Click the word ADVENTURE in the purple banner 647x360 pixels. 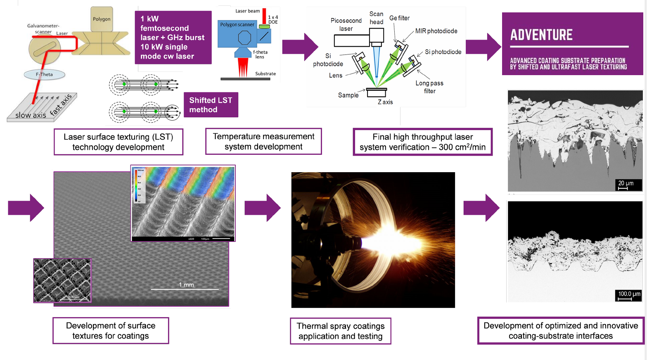coord(541,35)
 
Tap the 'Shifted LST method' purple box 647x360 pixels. coord(211,105)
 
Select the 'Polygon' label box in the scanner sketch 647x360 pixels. coord(102,19)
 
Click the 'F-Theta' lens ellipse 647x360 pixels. coord(44,74)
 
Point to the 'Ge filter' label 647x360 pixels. coord(399,18)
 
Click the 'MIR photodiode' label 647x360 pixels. coord(436,31)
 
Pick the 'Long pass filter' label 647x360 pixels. coord(429,87)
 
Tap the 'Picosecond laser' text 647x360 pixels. coord(346,24)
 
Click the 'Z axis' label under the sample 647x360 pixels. coord(385,102)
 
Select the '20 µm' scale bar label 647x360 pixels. coord(626,184)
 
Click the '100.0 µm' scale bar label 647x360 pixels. coord(629,294)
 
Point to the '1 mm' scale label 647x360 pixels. coord(186,285)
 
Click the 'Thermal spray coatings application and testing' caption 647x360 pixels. coord(340,331)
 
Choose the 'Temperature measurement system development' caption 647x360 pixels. coord(263,142)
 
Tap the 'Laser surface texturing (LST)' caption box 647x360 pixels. coord(118,142)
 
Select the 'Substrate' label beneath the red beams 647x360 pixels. coord(265,73)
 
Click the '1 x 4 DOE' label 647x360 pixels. coord(273,19)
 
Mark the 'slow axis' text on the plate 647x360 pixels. coord(31,115)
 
